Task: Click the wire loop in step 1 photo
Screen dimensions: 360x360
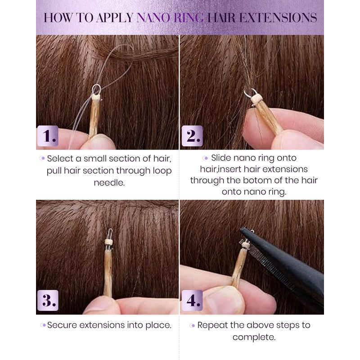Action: point(97,89)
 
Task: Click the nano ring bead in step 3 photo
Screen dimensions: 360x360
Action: point(108,242)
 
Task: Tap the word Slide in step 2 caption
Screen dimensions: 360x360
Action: point(220,158)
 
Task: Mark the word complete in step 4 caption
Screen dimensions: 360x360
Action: point(253,337)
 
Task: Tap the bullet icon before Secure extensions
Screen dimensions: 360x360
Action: point(43,325)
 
